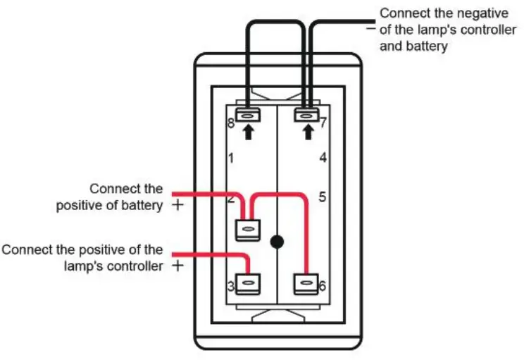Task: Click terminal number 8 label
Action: coord(230,123)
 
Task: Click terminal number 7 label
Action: coord(323,123)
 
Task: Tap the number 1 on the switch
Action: coord(231,158)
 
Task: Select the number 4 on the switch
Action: coord(323,157)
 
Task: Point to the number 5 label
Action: coord(322,197)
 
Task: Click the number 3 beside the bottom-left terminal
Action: coord(231,287)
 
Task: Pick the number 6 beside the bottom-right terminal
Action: coord(322,286)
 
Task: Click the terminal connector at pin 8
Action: coord(248,116)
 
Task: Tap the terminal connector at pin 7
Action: coord(306,116)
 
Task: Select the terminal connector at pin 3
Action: coord(248,284)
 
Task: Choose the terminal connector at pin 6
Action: coord(306,284)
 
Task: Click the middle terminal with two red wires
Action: coord(248,230)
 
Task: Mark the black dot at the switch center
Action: coord(277,242)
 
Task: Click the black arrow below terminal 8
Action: coord(248,132)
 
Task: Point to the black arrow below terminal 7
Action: coord(308,132)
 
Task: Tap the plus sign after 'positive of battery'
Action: coord(178,205)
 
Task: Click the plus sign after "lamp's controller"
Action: coord(178,266)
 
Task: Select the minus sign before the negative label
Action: coord(371,28)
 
